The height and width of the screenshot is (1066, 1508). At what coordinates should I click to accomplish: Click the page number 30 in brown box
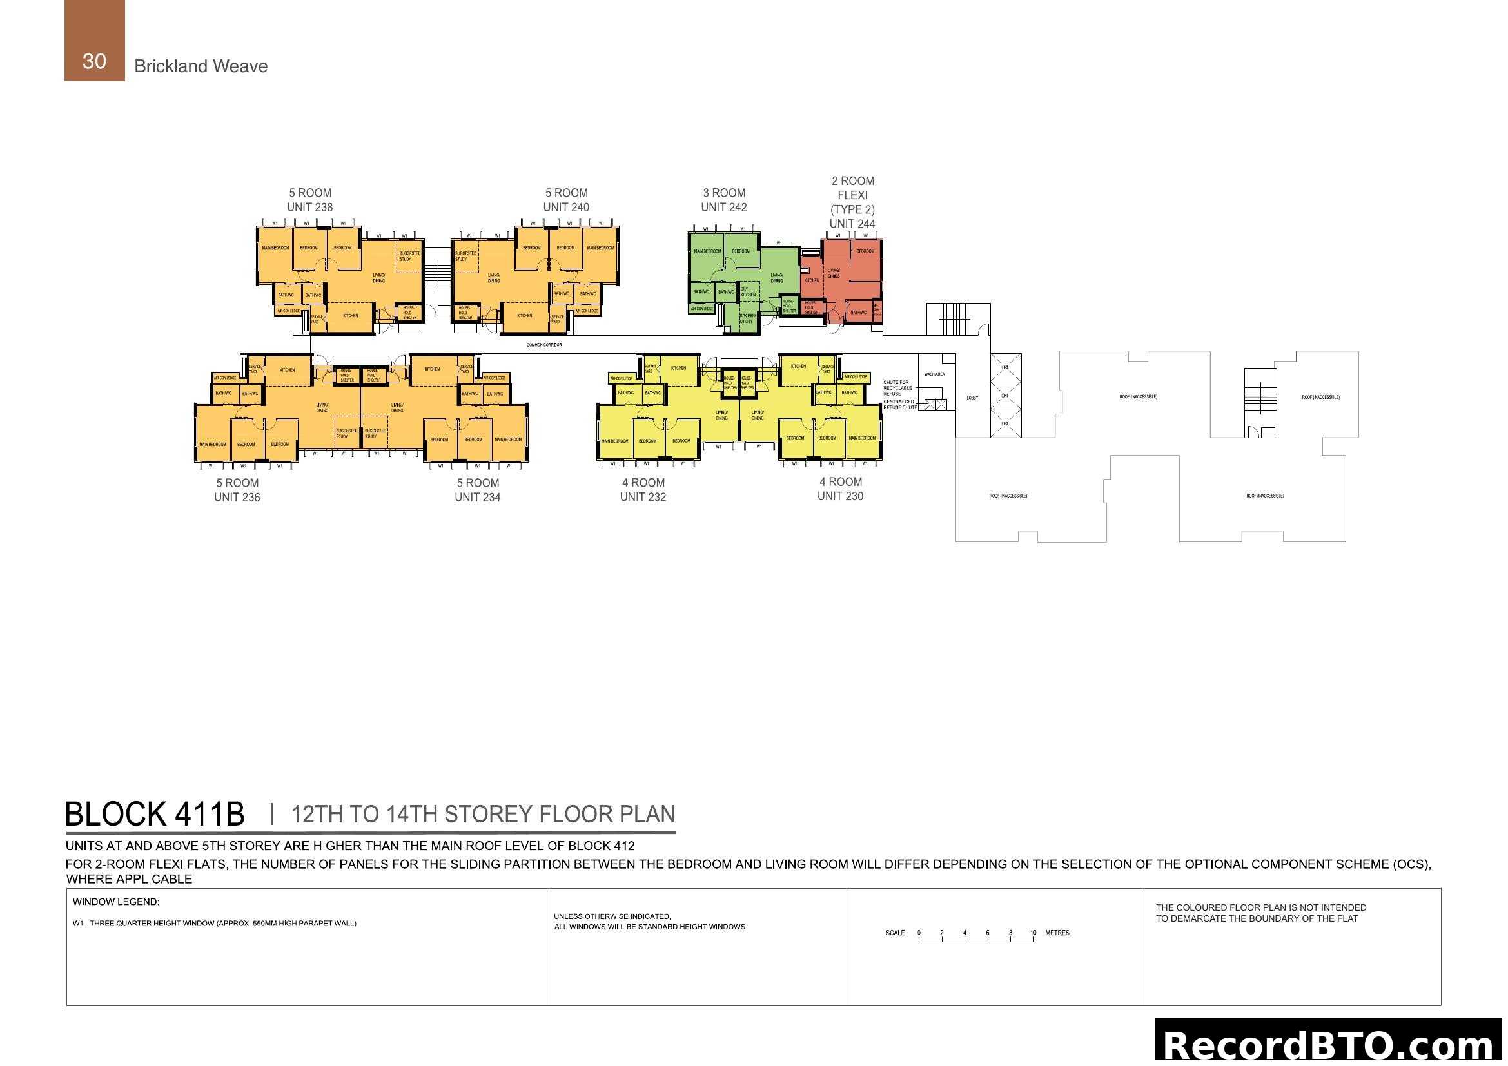94,61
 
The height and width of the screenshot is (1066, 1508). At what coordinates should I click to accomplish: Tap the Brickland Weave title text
201,66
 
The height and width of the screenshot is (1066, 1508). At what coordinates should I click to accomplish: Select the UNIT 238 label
309,208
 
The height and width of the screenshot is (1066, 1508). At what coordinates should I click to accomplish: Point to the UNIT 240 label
565,208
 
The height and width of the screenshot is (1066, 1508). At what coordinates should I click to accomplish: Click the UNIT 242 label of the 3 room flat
723,208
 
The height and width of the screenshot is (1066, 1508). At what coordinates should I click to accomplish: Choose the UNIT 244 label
852,224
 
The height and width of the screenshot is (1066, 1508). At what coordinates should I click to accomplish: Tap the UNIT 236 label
237,498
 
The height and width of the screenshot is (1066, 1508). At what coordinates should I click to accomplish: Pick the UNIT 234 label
477,498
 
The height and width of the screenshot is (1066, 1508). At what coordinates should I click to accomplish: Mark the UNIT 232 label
642,498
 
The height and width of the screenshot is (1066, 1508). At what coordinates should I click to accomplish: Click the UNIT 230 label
840,497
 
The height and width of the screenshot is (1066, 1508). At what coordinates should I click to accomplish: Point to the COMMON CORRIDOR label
544,345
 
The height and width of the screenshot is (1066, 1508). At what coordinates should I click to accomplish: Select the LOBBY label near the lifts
972,398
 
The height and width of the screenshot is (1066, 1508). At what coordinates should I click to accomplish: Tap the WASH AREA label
934,374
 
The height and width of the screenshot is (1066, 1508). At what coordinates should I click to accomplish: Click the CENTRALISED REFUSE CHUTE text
899,404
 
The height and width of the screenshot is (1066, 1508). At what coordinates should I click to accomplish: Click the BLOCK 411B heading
155,815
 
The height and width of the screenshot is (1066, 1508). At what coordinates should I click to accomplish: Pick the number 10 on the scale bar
1032,933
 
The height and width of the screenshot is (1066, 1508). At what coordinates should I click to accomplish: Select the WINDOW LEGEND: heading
115,902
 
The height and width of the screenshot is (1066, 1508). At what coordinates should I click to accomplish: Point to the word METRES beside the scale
1057,933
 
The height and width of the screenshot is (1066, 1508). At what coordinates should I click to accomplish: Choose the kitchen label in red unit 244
812,280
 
